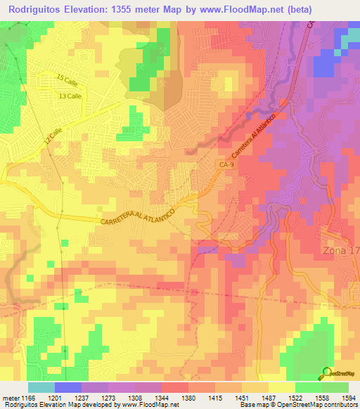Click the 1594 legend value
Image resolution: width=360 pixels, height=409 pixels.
coord(347,398)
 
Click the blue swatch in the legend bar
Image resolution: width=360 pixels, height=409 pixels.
coord(68,387)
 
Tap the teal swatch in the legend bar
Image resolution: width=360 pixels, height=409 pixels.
coord(41,387)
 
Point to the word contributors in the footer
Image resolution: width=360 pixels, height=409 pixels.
coord(338,405)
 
